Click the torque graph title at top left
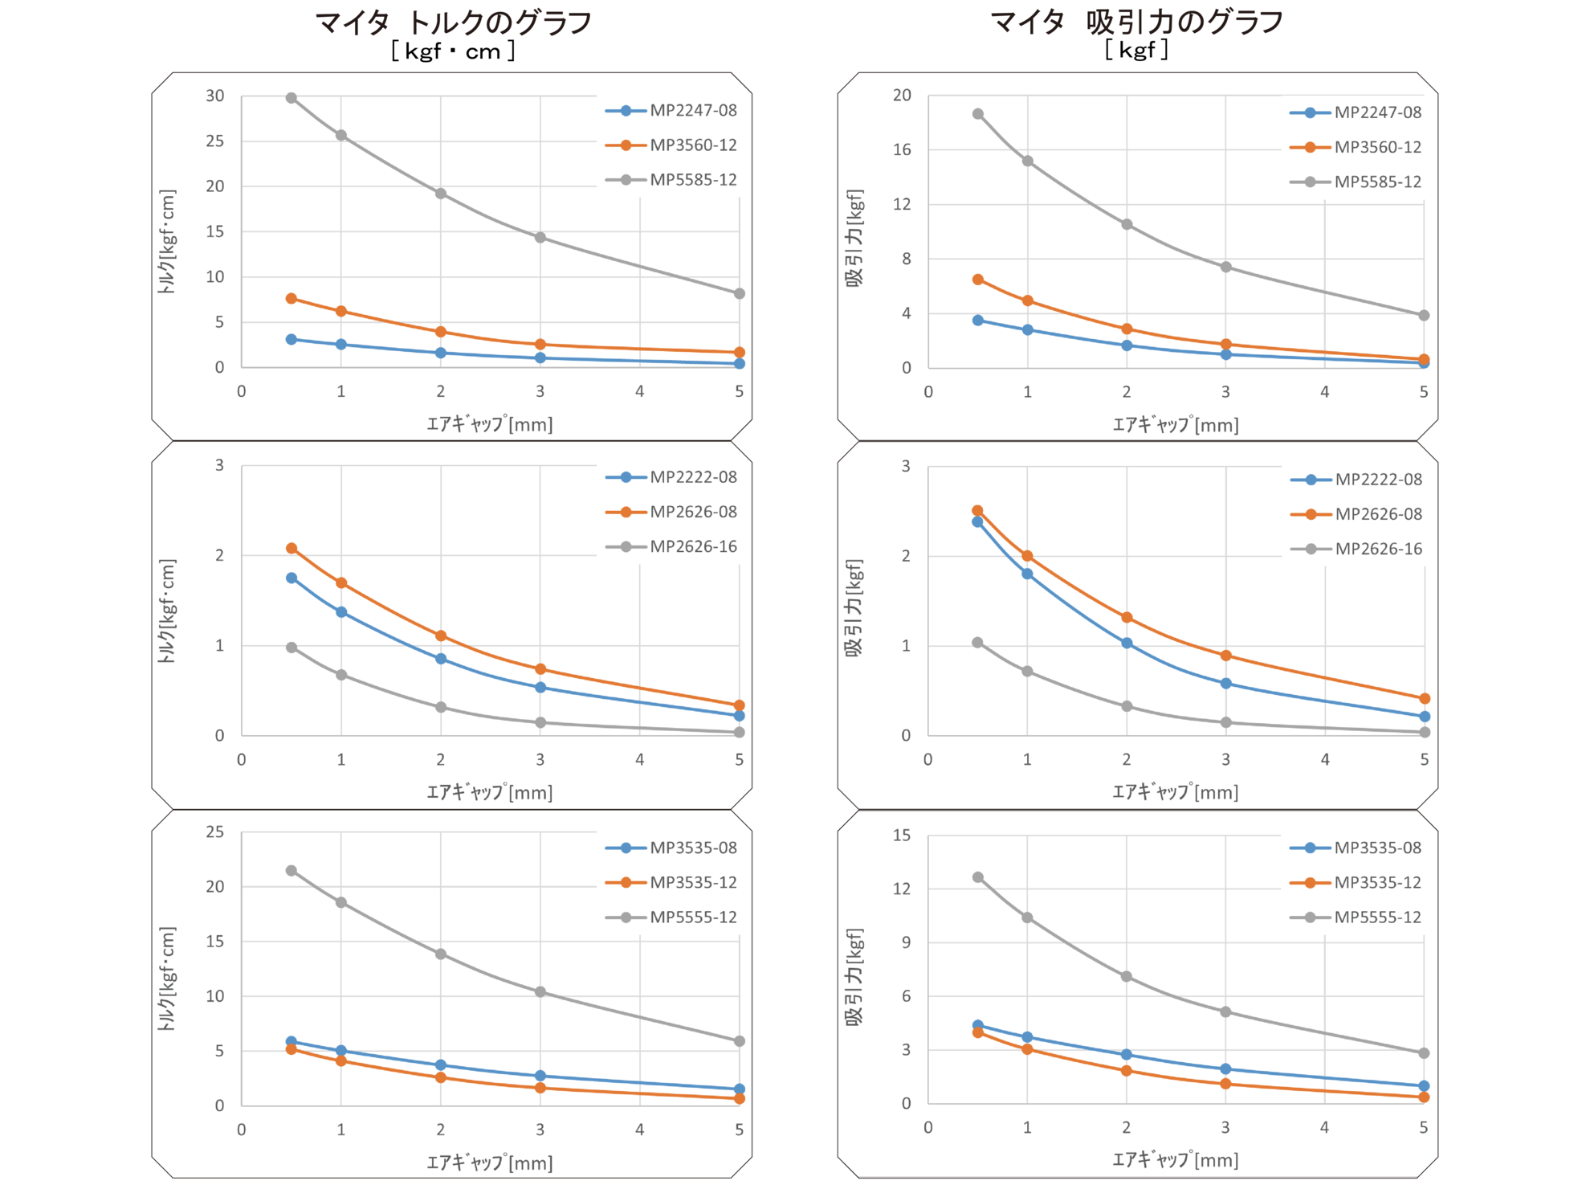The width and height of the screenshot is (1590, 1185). pyautogui.click(x=454, y=23)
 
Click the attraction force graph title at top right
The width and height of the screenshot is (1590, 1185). pyautogui.click(x=1136, y=23)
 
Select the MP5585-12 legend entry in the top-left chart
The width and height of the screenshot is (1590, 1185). pyautogui.click(x=692, y=180)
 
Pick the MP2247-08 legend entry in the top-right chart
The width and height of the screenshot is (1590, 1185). pyautogui.click(x=1377, y=112)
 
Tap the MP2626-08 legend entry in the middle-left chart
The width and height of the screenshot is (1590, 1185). pyautogui.click(x=692, y=512)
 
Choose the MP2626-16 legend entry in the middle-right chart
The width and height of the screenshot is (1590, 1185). pyautogui.click(x=1377, y=549)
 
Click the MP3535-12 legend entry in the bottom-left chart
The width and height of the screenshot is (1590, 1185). pyautogui.click(x=692, y=882)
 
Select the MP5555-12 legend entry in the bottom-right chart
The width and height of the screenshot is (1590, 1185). pyautogui.click(x=1377, y=917)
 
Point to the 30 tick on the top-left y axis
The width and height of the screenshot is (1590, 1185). pyautogui.click(x=215, y=96)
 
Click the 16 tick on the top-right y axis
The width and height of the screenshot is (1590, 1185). pyautogui.click(x=902, y=149)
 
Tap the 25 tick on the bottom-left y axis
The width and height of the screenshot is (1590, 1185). pyautogui.click(x=215, y=832)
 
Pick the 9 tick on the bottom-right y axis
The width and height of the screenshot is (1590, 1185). pyautogui.click(x=907, y=942)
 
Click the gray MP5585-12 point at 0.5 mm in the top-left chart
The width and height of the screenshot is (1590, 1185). pyautogui.click(x=291, y=98)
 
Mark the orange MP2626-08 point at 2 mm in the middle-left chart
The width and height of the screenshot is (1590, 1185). pyautogui.click(x=441, y=635)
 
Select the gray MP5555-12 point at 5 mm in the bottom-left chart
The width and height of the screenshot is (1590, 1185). pyautogui.click(x=740, y=1041)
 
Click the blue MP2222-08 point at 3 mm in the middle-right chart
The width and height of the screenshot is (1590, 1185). pyautogui.click(x=1226, y=684)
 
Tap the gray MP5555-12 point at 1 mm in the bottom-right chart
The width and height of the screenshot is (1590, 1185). pyautogui.click(x=1027, y=917)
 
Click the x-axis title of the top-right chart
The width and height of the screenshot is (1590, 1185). pyautogui.click(x=1176, y=425)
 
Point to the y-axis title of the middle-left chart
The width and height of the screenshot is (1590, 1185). pyautogui.click(x=166, y=611)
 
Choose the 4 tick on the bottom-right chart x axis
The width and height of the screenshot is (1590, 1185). pyautogui.click(x=1324, y=1128)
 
